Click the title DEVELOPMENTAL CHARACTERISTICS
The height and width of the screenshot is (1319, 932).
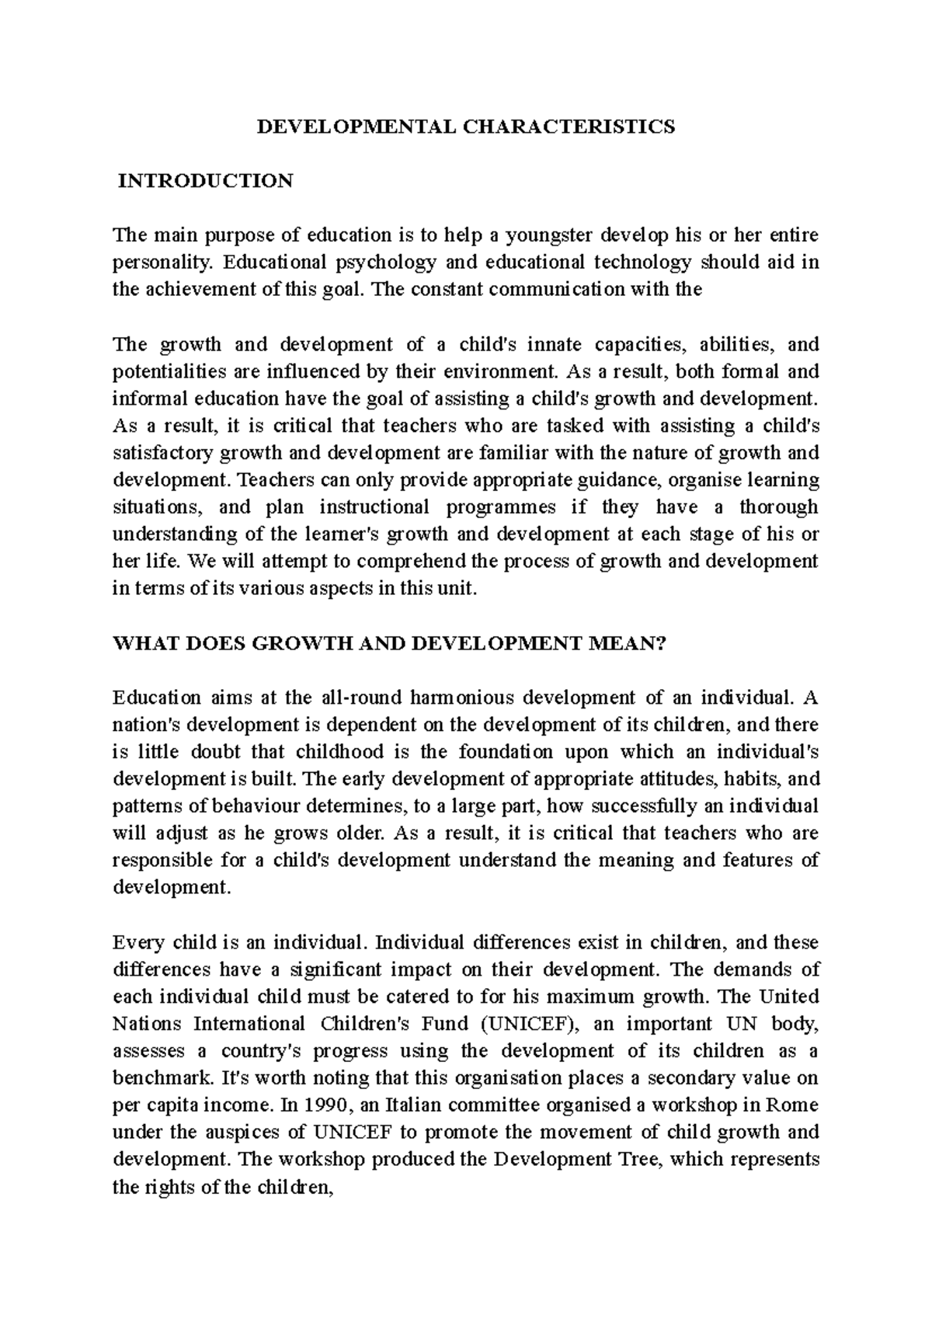pos(466,127)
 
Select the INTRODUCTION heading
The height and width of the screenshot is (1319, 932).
pos(205,181)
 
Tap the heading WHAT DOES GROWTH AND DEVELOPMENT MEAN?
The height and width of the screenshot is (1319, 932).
pos(390,643)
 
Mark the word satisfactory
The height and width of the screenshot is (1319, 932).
pos(163,453)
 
